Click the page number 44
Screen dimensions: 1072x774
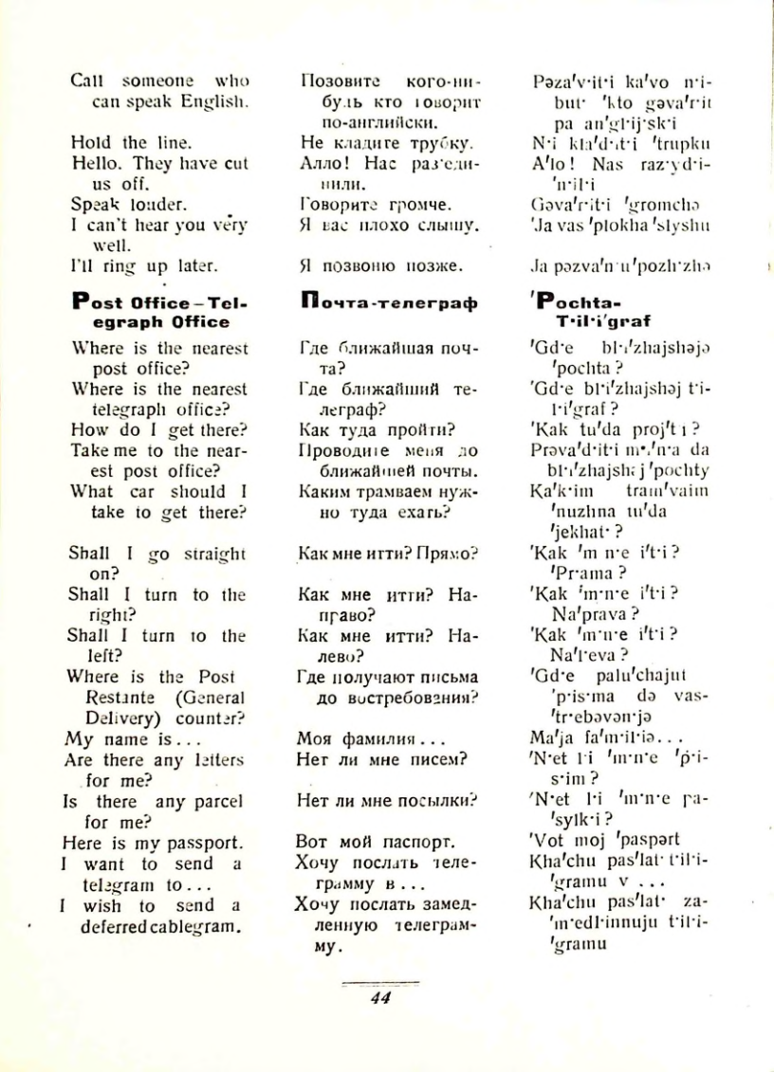380,997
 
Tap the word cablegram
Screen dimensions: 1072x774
202,926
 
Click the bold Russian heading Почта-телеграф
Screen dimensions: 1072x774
386,304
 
